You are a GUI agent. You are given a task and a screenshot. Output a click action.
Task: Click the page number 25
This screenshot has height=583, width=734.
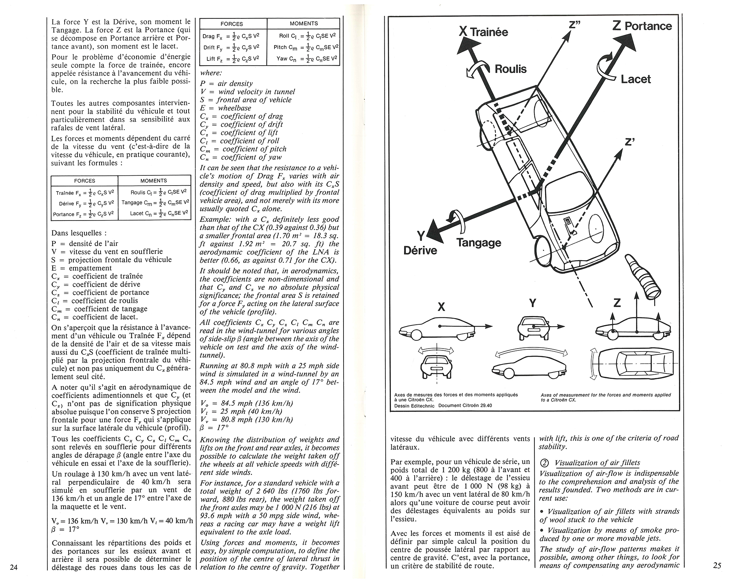tap(717, 566)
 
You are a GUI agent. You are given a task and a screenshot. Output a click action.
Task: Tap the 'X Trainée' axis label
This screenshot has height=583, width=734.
tap(484, 32)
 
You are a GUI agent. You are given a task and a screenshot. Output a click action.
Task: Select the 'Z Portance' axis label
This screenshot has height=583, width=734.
tap(642, 26)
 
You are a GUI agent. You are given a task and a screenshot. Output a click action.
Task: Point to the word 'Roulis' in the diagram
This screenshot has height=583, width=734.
tap(510, 69)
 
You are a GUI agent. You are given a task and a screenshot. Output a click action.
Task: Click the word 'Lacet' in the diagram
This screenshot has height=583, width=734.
tap(636, 79)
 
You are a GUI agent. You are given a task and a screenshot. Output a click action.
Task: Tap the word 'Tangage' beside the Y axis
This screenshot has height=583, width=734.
tap(479, 243)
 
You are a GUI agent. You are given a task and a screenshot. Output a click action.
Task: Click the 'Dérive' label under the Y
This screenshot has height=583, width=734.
tap(420, 250)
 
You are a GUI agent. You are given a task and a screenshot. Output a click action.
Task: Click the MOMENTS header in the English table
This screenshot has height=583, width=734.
tap(304, 23)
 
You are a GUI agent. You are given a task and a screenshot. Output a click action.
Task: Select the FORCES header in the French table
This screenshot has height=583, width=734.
tap(84, 181)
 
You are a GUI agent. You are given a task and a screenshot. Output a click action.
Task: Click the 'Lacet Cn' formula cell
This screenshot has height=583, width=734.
tap(155, 213)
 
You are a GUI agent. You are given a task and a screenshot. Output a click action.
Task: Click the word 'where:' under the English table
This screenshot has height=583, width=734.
tap(211, 73)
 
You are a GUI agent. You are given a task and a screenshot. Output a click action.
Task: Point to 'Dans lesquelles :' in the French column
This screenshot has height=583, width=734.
tap(79, 233)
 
